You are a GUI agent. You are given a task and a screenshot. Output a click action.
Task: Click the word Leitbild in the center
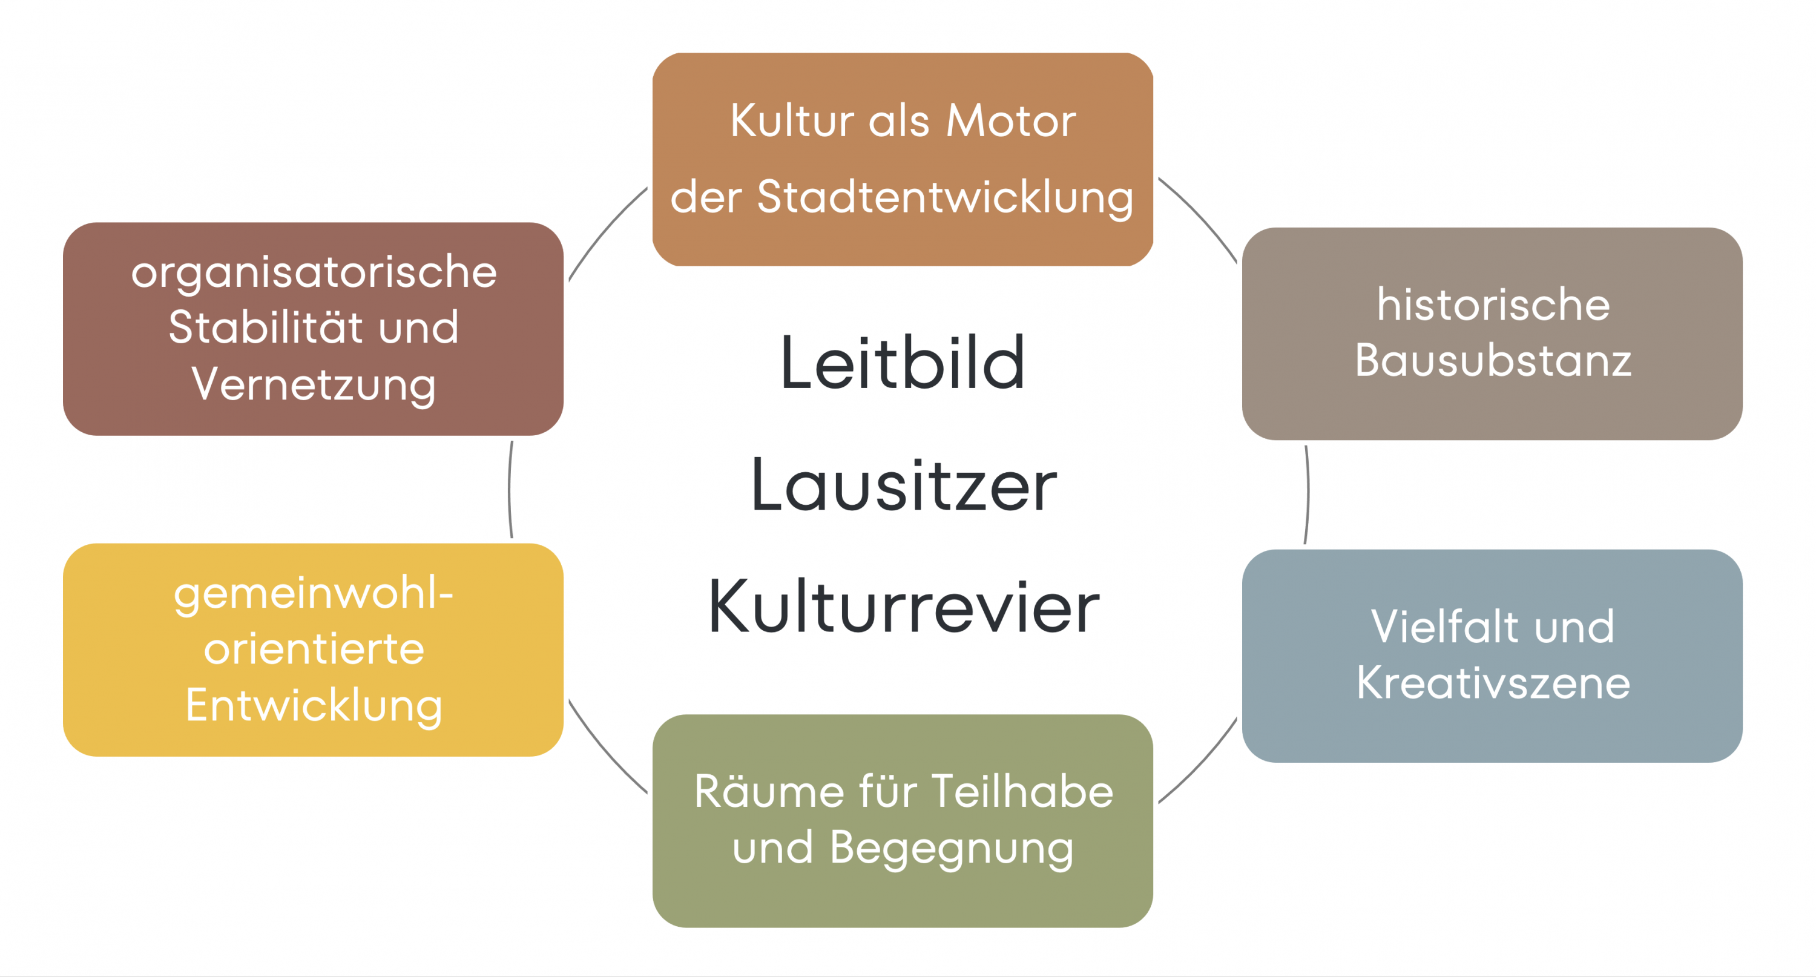point(903,363)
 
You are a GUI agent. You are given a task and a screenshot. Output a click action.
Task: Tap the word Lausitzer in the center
point(904,485)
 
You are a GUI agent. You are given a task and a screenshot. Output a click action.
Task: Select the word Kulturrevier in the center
point(904,606)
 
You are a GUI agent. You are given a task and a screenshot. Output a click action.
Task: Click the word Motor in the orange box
point(1011,120)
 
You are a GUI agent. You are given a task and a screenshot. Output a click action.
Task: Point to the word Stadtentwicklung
point(945,197)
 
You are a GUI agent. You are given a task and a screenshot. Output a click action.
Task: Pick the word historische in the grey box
point(1493,304)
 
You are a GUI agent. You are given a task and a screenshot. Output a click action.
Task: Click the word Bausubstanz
point(1493,360)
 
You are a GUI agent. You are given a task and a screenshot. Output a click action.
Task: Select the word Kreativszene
point(1493,682)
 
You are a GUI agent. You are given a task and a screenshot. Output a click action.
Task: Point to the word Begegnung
point(952,848)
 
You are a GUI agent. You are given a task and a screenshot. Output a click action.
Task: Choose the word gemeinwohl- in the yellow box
point(314,594)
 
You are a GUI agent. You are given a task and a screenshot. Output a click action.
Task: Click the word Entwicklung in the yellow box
point(314,706)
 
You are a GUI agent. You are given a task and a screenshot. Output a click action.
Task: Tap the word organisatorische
point(314,272)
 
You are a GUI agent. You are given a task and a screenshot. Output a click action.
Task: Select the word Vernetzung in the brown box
point(314,385)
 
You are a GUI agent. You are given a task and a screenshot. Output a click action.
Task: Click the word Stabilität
point(265,327)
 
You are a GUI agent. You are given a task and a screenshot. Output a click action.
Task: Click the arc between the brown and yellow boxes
point(510,490)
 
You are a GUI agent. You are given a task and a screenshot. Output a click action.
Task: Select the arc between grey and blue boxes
point(1308,493)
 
